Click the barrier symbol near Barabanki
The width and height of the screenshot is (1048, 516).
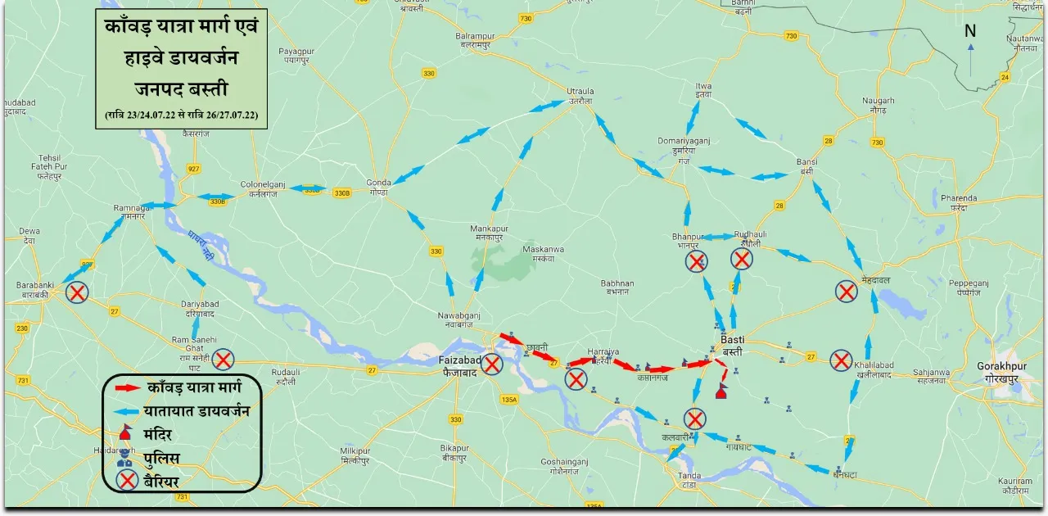78,292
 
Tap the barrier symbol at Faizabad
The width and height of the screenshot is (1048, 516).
492,364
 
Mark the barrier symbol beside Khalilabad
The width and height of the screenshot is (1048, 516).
841,360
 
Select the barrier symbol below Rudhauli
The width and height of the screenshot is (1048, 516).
742,260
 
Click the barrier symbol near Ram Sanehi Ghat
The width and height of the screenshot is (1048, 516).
224,359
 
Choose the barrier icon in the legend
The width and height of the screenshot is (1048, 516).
128,481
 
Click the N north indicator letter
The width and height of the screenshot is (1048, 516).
970,32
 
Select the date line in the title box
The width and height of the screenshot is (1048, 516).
181,115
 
